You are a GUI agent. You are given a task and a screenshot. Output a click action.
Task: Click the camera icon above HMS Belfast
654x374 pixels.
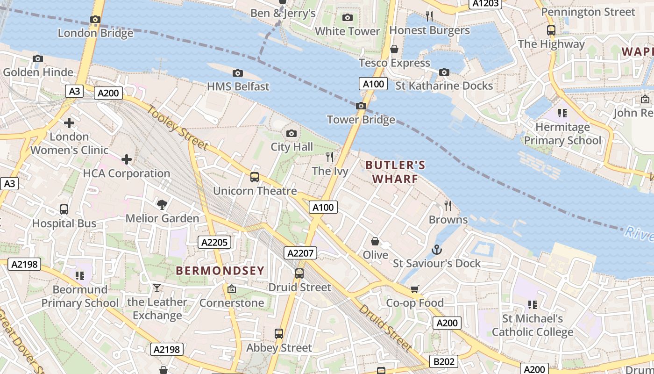[238, 73]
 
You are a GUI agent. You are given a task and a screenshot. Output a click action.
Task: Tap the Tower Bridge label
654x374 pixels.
[361, 120]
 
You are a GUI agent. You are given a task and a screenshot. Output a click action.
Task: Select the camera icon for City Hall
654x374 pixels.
[291, 134]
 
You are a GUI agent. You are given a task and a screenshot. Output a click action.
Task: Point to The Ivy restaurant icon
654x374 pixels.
[330, 157]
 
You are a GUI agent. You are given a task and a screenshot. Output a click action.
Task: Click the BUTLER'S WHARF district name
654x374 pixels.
[395, 172]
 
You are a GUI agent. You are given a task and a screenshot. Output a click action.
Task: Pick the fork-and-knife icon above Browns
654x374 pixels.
[448, 206]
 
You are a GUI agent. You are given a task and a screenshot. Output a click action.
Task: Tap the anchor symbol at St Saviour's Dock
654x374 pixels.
[436, 250]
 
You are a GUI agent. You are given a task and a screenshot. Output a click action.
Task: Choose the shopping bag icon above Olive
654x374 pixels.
[375, 241]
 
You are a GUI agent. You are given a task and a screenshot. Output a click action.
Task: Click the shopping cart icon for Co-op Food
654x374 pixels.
[414, 289]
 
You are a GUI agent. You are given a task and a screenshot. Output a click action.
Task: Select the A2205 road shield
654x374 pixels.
[215, 242]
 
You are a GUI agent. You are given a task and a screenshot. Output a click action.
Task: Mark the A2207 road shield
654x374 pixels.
[300, 253]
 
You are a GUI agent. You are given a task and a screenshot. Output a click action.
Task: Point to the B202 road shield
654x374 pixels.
[443, 361]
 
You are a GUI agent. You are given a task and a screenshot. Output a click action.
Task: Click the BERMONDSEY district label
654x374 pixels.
[220, 270]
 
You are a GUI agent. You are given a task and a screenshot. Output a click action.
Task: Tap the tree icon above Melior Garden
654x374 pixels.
[162, 204]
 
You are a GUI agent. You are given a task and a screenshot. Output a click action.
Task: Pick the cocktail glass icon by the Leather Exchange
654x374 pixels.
[157, 288]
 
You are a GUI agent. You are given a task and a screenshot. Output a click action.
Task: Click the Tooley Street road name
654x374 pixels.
[178, 128]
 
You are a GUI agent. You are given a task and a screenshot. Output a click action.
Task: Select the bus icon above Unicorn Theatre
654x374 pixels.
[255, 177]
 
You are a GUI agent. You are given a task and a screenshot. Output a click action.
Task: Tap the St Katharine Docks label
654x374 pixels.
[444, 86]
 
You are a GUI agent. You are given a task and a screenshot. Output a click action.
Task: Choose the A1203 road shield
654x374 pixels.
[486, 4]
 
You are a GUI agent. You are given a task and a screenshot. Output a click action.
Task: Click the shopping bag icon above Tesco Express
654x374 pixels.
[394, 49]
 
